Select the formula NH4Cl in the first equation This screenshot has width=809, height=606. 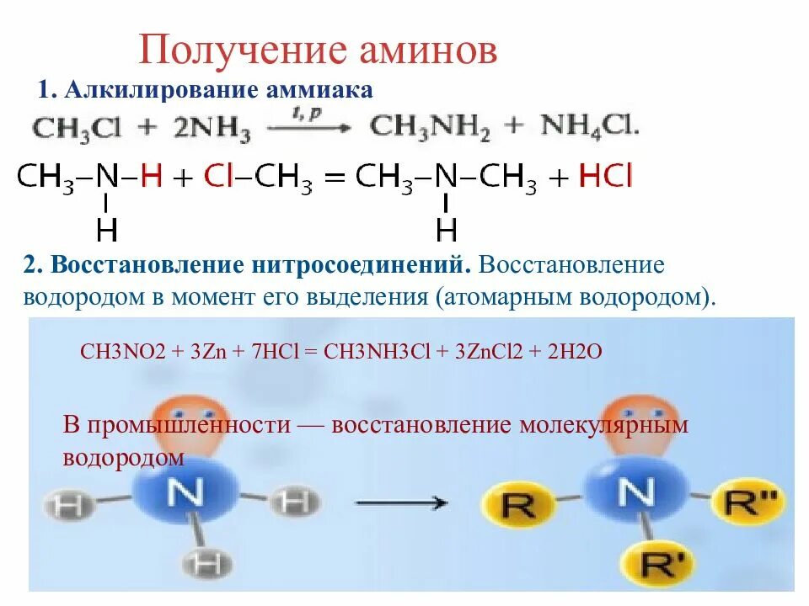pos(590,127)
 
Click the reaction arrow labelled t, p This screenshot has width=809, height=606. pos(308,127)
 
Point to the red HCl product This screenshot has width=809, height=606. pos(606,177)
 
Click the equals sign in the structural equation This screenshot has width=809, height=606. pos(336,178)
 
